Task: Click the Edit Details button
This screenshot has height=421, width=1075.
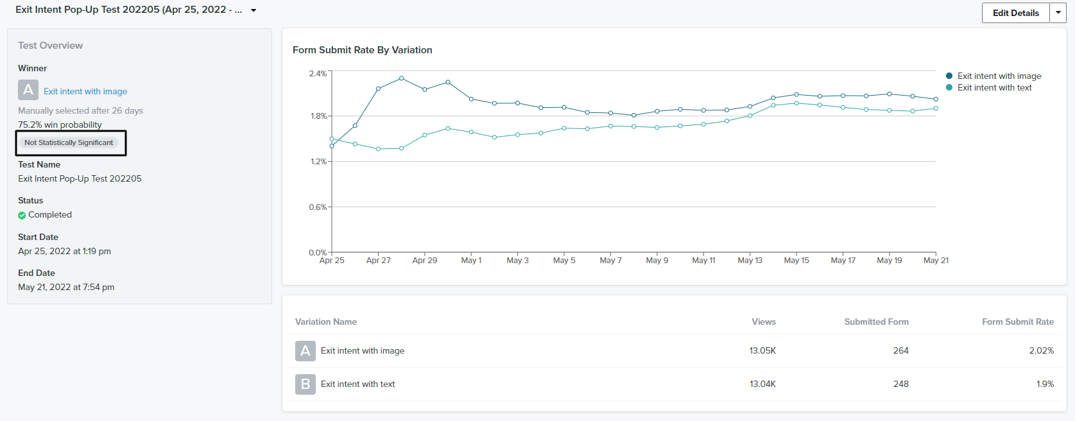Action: (x=1015, y=13)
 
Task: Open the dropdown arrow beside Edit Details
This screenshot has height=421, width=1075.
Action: (x=1058, y=13)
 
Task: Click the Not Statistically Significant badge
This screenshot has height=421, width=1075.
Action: (x=69, y=142)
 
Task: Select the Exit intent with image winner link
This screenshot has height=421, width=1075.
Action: (x=85, y=91)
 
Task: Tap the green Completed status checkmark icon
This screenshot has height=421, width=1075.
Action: (x=22, y=216)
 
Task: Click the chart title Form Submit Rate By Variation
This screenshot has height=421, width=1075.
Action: (x=363, y=50)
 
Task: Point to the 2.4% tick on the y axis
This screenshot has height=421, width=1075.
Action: (x=318, y=73)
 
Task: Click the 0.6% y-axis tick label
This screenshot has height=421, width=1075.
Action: (x=318, y=207)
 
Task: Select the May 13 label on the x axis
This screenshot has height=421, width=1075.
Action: (x=750, y=260)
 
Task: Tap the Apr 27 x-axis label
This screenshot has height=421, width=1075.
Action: (x=378, y=260)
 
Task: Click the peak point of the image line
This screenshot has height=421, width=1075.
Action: (x=402, y=78)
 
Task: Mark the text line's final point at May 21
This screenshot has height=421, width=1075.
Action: (x=936, y=108)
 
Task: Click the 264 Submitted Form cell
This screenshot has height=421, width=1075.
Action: (x=901, y=351)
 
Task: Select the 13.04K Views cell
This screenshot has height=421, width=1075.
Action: (x=762, y=384)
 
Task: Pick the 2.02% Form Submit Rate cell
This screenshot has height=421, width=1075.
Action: (x=1042, y=351)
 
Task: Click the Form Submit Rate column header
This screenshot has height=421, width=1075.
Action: (x=1018, y=322)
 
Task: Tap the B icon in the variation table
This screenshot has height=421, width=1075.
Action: (x=305, y=384)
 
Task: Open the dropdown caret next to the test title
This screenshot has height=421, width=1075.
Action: (x=254, y=10)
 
